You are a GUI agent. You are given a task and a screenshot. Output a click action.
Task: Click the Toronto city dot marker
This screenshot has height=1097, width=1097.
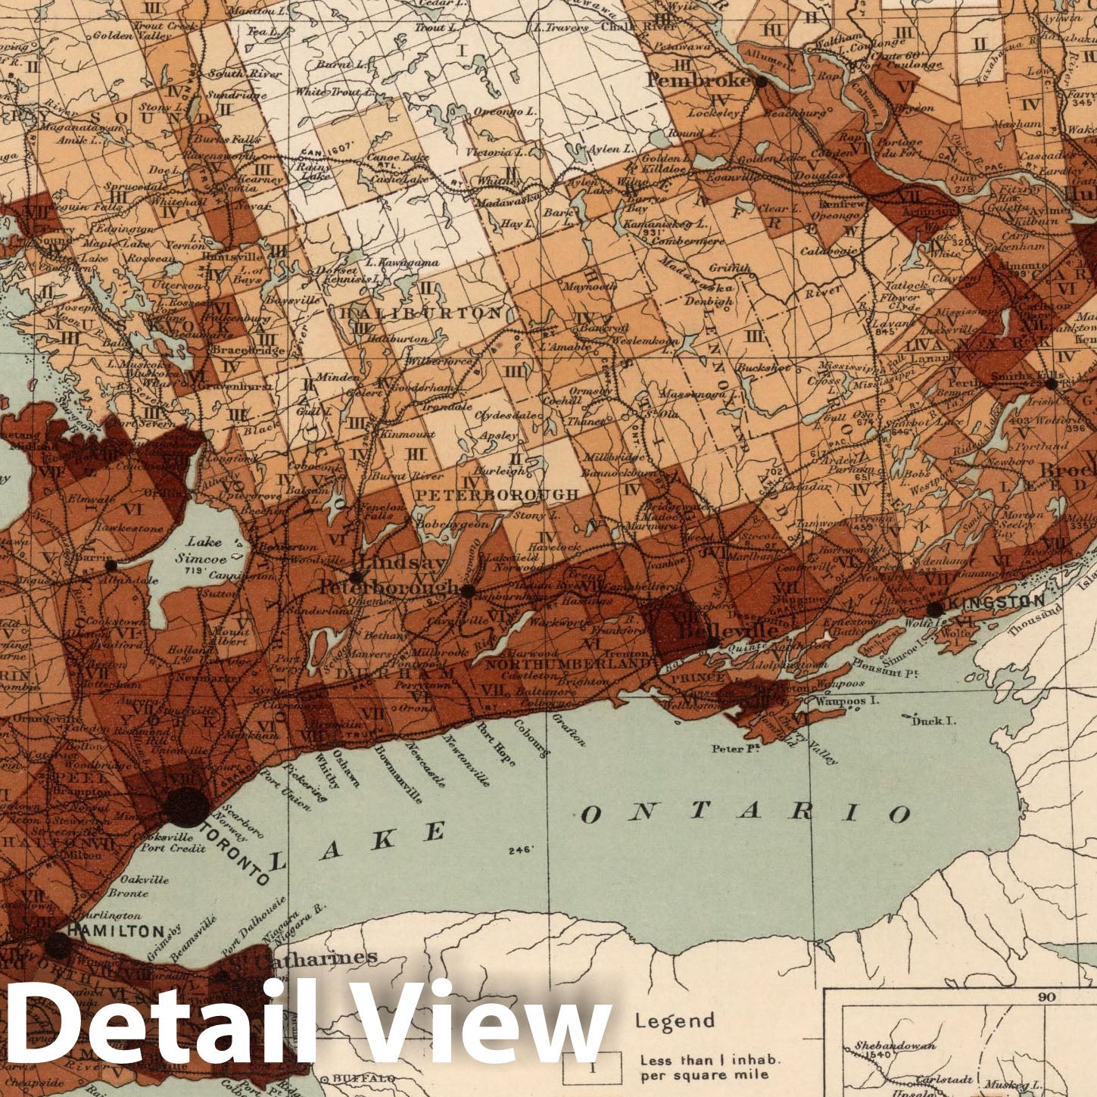click(x=186, y=807)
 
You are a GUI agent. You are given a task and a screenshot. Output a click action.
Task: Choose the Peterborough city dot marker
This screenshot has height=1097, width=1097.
click(x=468, y=591)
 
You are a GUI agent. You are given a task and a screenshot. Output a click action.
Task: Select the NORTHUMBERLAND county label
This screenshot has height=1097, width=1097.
click(x=567, y=663)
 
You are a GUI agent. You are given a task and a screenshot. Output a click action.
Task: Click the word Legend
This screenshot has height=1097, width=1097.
click(x=674, y=1021)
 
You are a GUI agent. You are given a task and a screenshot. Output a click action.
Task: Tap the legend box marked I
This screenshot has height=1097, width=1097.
click(x=593, y=1067)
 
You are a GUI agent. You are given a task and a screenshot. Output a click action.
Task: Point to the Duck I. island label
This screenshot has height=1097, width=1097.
click(x=933, y=720)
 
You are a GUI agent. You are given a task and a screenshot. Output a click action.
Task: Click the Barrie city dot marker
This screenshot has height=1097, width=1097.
click(x=111, y=565)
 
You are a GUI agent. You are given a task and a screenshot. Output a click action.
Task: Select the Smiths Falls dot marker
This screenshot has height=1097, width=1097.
click(x=1051, y=385)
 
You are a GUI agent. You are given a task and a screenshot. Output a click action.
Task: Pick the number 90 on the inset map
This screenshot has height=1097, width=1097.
click(x=1046, y=997)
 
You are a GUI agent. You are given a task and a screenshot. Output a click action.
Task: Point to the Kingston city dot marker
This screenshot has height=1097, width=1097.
click(x=935, y=609)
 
